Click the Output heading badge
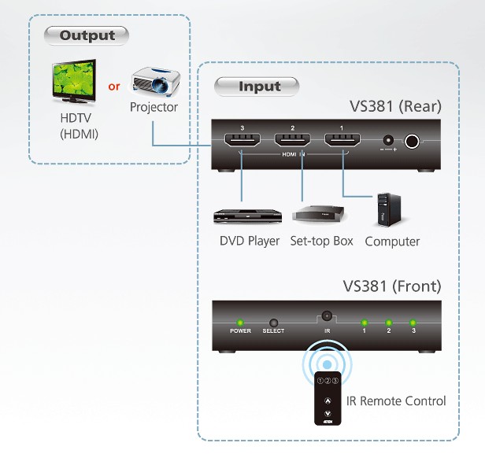click(x=87, y=35)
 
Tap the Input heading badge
click(x=257, y=87)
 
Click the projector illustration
click(x=156, y=80)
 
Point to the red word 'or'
click(x=114, y=87)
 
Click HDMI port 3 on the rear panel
click(x=242, y=140)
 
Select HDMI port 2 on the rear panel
click(x=292, y=140)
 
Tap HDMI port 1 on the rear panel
click(x=342, y=140)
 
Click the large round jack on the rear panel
click(x=412, y=142)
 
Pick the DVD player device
click(x=247, y=216)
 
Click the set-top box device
click(x=318, y=213)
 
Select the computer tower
click(x=389, y=210)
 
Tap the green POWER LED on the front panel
click(x=239, y=323)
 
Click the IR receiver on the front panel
click(x=327, y=316)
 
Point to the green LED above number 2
click(x=388, y=323)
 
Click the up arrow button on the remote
click(x=328, y=401)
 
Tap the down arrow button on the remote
click(x=328, y=413)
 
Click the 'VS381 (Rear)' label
click(x=395, y=107)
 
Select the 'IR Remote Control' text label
click(x=396, y=401)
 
